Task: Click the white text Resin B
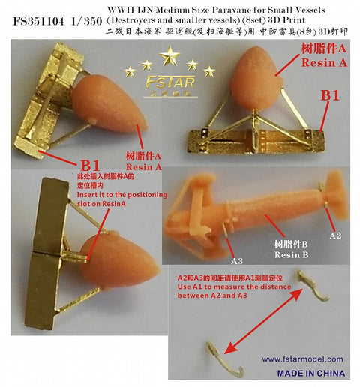[289, 255]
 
